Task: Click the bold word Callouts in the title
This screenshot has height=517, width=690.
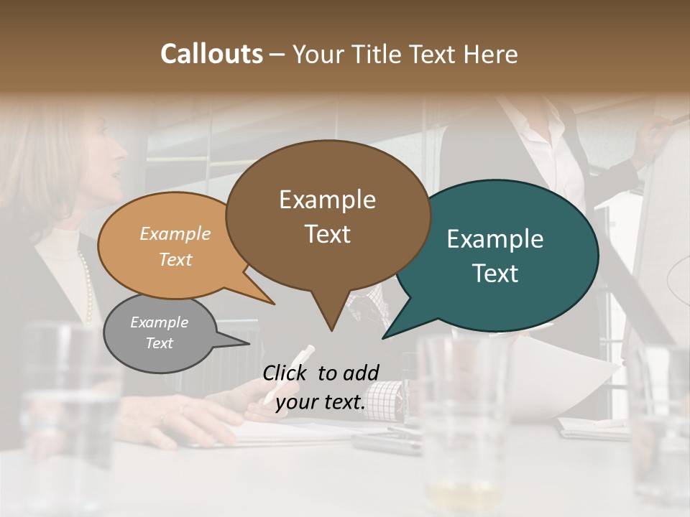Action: [211, 54]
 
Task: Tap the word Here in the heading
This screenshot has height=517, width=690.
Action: [492, 54]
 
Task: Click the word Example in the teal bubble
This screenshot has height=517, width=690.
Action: [495, 239]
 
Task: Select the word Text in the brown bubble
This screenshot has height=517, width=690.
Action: [328, 234]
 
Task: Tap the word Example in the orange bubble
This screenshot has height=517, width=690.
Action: [175, 233]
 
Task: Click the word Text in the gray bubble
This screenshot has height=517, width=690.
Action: [160, 343]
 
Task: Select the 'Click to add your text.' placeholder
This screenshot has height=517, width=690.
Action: [321, 388]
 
